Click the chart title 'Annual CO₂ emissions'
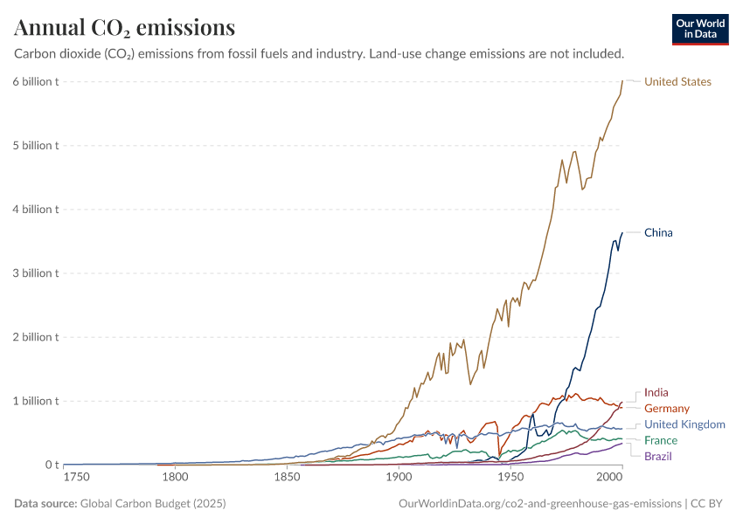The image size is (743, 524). click(124, 28)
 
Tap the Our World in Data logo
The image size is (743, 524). click(699, 29)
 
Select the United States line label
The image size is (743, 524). click(677, 82)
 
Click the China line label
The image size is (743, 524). click(658, 232)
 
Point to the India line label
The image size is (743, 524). click(656, 393)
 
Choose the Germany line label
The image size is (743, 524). click(667, 409)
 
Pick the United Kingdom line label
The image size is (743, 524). click(684, 424)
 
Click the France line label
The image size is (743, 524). click(661, 440)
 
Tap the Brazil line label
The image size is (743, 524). click(658, 456)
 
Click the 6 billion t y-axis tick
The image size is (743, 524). click(36, 82)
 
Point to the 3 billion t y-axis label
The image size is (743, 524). click(36, 273)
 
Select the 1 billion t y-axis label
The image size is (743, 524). click(36, 401)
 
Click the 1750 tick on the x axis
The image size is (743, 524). click(77, 478)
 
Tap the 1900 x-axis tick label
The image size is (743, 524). click(399, 478)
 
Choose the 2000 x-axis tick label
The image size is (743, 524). click(609, 478)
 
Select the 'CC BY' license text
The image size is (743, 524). click(710, 504)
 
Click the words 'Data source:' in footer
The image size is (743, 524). click(45, 504)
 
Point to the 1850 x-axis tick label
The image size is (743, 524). click(288, 478)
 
